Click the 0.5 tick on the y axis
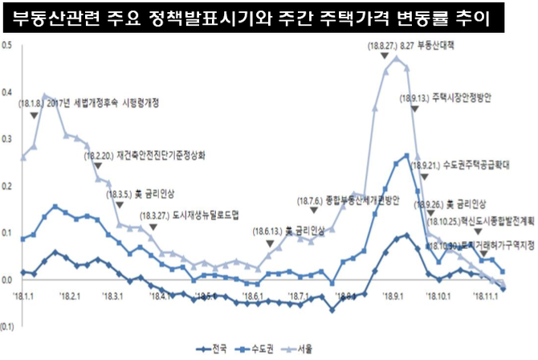click(7, 45)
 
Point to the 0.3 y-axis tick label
click(7, 139)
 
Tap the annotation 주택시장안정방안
click(461, 98)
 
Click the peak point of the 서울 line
click(395, 58)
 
